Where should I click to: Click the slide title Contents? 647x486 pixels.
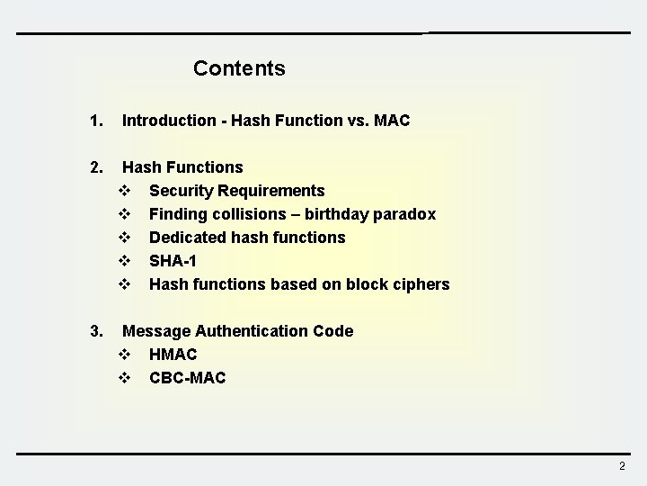[x=239, y=68]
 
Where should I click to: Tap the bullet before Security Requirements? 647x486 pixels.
[x=124, y=191]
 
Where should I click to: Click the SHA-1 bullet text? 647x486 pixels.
[x=173, y=261]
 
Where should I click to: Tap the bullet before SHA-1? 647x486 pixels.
[x=124, y=261]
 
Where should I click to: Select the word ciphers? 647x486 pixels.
[x=421, y=284]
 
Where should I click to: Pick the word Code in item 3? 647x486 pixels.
[x=334, y=331]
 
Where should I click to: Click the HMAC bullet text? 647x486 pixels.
[x=173, y=355]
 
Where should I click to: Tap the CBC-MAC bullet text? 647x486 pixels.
[x=187, y=378]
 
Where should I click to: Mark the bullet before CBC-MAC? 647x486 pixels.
[x=124, y=378]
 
